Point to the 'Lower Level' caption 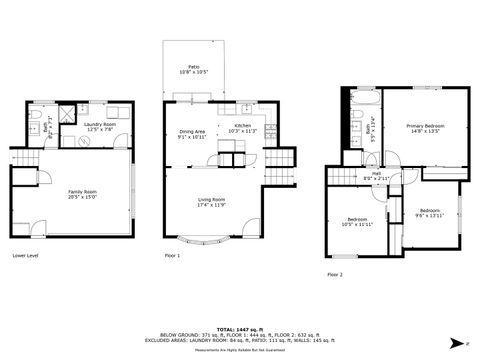[x=25, y=256]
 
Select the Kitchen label [x=243, y=128]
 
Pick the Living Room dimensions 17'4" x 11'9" [x=211, y=205]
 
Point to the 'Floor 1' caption [x=172, y=256]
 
